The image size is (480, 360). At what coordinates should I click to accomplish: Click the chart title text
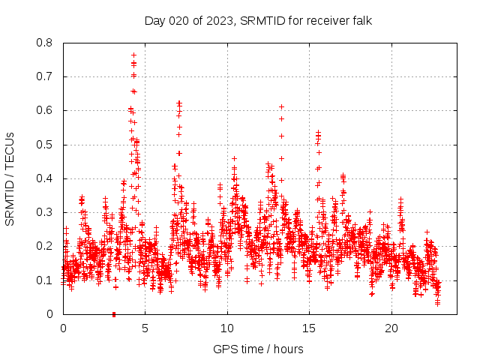coord(258,20)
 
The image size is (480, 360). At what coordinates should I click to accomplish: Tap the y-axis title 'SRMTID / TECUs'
coord(10,178)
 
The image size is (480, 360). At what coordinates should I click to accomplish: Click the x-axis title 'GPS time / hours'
coord(258,349)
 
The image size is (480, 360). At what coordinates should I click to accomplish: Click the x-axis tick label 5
coord(145,328)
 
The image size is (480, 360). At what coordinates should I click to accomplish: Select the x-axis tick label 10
coord(227,328)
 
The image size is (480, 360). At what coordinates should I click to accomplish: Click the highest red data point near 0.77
coord(133,55)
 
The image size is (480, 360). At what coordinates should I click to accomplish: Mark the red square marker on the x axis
coord(114,313)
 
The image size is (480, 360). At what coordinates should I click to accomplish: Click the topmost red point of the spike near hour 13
coord(281,106)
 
